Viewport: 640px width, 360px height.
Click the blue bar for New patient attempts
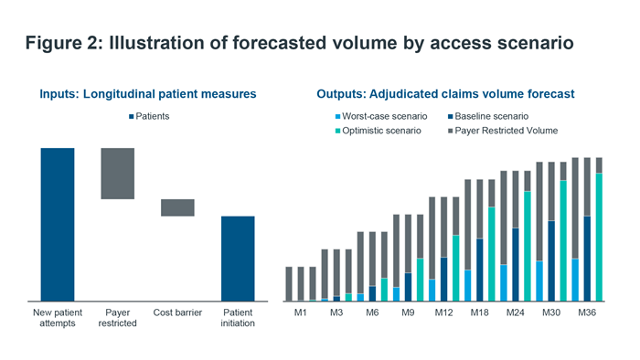click(x=57, y=224)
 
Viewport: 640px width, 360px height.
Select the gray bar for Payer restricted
click(x=117, y=174)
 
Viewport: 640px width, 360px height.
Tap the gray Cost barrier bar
click(x=177, y=207)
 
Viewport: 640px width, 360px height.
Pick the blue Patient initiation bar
click(x=238, y=258)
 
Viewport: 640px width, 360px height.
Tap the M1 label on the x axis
click(x=301, y=312)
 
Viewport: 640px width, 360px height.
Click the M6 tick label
click(x=372, y=312)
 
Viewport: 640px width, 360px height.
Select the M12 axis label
click(x=444, y=312)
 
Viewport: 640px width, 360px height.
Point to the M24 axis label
click(x=516, y=312)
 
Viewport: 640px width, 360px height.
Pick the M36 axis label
click(x=587, y=312)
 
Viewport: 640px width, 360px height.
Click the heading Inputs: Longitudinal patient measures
click(x=147, y=94)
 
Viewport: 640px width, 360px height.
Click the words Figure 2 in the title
click(x=61, y=44)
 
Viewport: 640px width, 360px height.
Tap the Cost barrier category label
click(x=177, y=312)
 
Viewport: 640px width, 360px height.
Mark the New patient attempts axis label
click(x=57, y=317)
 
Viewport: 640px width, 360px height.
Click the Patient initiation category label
click(x=238, y=317)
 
